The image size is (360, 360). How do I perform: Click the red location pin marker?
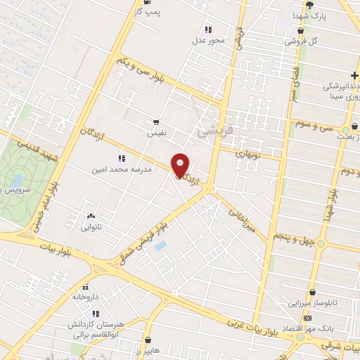point(181,165)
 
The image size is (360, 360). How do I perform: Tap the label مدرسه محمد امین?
point(119,170)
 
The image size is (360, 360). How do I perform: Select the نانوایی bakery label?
point(90,228)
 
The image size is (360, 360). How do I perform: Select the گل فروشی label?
point(301,41)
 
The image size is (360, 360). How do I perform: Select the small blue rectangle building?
point(160,247)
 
